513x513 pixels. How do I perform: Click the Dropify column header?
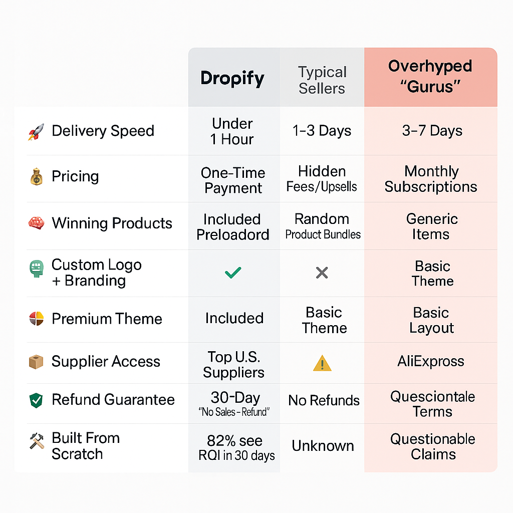click(232, 79)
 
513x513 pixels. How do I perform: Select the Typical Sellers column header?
click(322, 80)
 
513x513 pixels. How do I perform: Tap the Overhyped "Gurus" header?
click(430, 76)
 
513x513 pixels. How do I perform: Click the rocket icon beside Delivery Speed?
click(36, 132)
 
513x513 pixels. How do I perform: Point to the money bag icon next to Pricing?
click(36, 177)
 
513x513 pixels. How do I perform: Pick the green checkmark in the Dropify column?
click(233, 273)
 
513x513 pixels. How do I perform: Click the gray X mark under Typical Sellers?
click(322, 273)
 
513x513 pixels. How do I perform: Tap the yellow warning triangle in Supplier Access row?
click(322, 363)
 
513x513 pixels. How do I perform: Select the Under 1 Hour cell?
click(232, 132)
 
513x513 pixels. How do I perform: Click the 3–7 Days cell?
click(432, 131)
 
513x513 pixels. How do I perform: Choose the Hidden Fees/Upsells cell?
click(322, 179)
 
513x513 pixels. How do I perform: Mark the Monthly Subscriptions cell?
click(431, 179)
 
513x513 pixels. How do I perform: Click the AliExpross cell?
click(431, 362)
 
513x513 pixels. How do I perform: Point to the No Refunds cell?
click(324, 400)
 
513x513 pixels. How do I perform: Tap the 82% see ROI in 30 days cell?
click(236, 448)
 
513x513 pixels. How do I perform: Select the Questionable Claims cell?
click(432, 446)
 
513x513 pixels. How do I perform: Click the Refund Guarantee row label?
click(113, 400)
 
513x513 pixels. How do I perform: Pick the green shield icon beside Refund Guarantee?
click(36, 400)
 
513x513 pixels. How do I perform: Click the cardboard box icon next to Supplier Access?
click(36, 362)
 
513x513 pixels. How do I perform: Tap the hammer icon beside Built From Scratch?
click(37, 441)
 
